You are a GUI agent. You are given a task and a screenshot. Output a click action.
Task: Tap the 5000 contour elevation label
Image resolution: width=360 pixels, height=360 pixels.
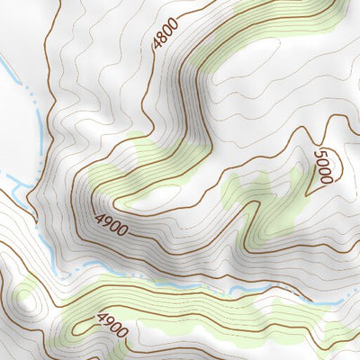coord(323,167)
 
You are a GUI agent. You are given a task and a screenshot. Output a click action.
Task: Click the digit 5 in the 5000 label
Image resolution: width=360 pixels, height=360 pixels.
coord(319,156)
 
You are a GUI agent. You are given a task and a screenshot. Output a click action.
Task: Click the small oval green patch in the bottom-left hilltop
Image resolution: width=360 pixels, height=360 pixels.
coord(27,295)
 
